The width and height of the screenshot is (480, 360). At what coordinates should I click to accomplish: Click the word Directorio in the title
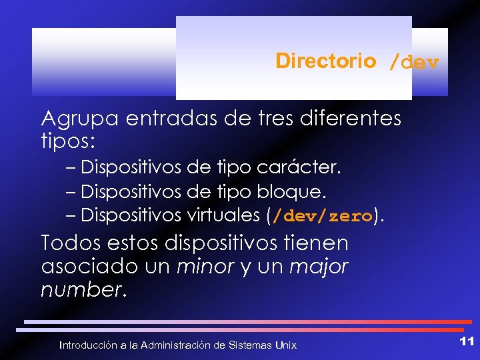pos(325,61)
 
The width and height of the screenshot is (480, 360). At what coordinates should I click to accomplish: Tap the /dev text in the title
pos(414,63)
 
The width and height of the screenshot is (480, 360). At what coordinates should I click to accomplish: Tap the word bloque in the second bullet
pos(291,192)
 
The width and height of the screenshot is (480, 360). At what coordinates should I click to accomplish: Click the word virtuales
pos(222,215)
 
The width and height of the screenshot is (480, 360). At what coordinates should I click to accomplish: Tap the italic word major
pos(320,267)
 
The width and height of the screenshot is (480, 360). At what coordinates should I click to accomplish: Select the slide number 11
pos(467,341)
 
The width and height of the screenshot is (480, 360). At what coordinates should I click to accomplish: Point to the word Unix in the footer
pos(285,345)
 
